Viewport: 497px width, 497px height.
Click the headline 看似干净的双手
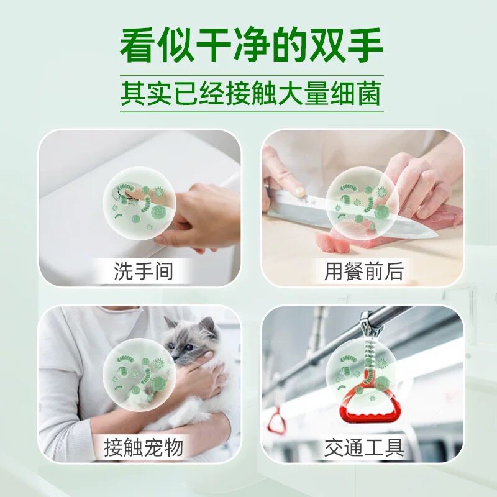(252, 45)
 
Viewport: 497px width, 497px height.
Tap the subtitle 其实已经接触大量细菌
(252, 94)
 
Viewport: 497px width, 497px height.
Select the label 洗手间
(144, 271)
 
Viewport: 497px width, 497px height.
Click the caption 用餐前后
(364, 271)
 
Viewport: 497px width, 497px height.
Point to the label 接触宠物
(144, 447)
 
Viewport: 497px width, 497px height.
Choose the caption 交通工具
(364, 447)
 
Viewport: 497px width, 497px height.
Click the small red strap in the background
(276, 421)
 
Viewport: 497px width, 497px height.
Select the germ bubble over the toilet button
(139, 203)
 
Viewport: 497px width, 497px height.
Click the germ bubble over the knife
(362, 203)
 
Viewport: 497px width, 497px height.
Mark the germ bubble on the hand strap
(362, 375)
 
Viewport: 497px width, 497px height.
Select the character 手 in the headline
(365, 45)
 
